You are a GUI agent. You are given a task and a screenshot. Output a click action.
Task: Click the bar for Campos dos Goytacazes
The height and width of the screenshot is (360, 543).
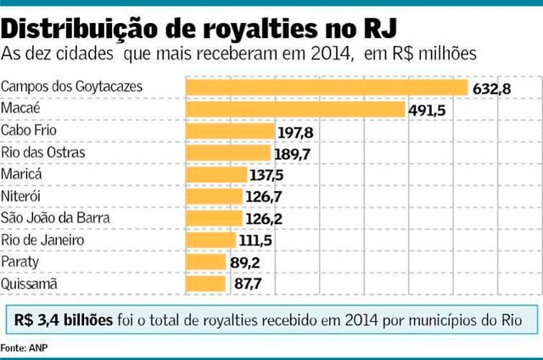(x=327, y=87)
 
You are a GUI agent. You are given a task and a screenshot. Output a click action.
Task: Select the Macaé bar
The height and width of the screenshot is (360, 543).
(x=295, y=109)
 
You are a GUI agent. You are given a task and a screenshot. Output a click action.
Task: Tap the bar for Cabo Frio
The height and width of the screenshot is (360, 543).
(x=230, y=131)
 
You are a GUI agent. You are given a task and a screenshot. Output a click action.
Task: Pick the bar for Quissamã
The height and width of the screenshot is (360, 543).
(x=206, y=283)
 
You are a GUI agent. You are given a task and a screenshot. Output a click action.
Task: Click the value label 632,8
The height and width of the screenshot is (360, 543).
(x=491, y=88)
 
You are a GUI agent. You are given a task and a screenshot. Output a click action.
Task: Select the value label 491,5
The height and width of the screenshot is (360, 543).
(x=428, y=110)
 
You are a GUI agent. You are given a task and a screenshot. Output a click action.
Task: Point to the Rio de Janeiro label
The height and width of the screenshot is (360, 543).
(x=42, y=239)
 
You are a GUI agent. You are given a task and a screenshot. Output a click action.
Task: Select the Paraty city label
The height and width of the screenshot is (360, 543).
(x=20, y=262)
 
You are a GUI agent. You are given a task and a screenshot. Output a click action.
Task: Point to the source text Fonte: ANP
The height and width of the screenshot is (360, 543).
(x=24, y=349)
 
